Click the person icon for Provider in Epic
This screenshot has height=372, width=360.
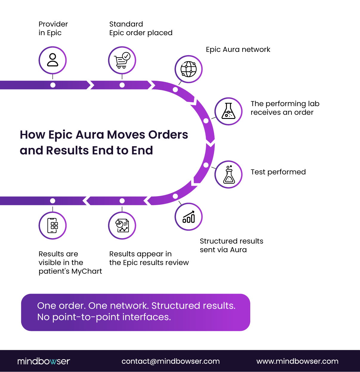[x=52, y=60]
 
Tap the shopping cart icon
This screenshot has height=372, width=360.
[x=122, y=60]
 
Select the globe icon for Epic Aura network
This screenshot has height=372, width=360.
[x=189, y=69]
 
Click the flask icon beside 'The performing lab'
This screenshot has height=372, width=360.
[x=228, y=111]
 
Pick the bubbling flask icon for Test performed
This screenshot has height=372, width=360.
[x=228, y=174]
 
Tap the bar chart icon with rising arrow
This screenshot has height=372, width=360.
[x=189, y=217]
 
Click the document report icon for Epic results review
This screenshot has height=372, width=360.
[x=122, y=226]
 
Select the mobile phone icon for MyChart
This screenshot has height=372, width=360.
[x=52, y=226]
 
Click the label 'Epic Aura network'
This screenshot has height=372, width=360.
[x=238, y=49]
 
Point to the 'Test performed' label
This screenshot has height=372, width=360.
[x=278, y=172]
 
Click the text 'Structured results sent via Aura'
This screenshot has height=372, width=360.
[x=231, y=245]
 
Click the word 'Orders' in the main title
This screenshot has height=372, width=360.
[x=168, y=135]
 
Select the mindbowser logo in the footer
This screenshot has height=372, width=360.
[x=44, y=361]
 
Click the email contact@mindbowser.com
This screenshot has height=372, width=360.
[x=170, y=361]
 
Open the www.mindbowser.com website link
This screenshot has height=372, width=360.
[x=297, y=361]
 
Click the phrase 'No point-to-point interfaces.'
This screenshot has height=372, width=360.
[x=104, y=317]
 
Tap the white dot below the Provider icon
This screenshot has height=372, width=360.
[x=53, y=85]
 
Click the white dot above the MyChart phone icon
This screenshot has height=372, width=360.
[x=52, y=201]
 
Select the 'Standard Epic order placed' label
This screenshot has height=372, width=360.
[x=141, y=28]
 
